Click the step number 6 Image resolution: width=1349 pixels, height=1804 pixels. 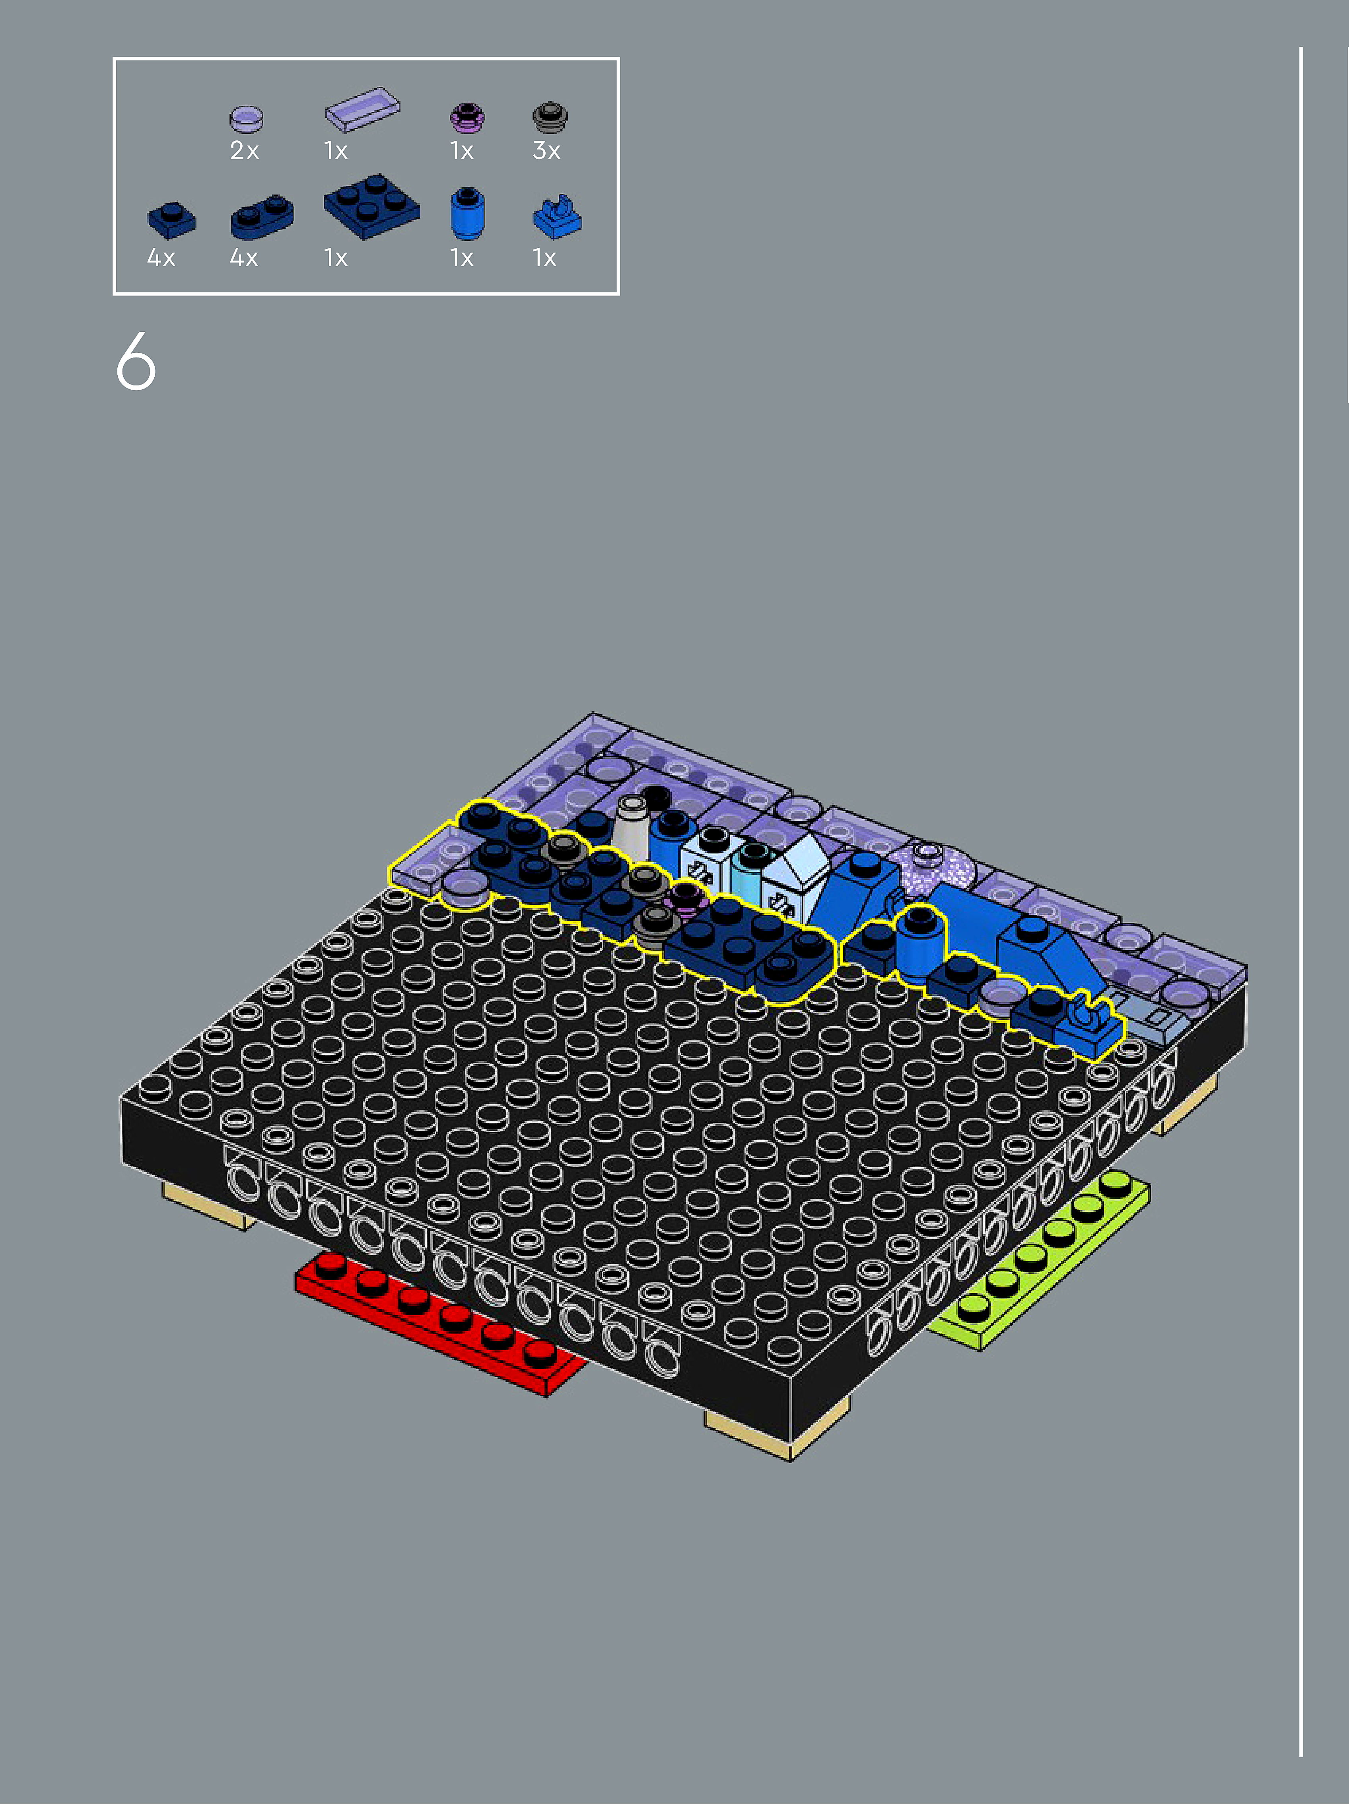(136, 361)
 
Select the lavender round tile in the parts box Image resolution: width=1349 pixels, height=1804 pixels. (246, 119)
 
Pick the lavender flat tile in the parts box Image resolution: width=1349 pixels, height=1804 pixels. (362, 109)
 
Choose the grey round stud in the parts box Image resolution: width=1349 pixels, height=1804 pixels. (550, 117)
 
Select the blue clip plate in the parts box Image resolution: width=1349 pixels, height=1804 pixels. (557, 218)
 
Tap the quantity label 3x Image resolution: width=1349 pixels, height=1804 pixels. (546, 151)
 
